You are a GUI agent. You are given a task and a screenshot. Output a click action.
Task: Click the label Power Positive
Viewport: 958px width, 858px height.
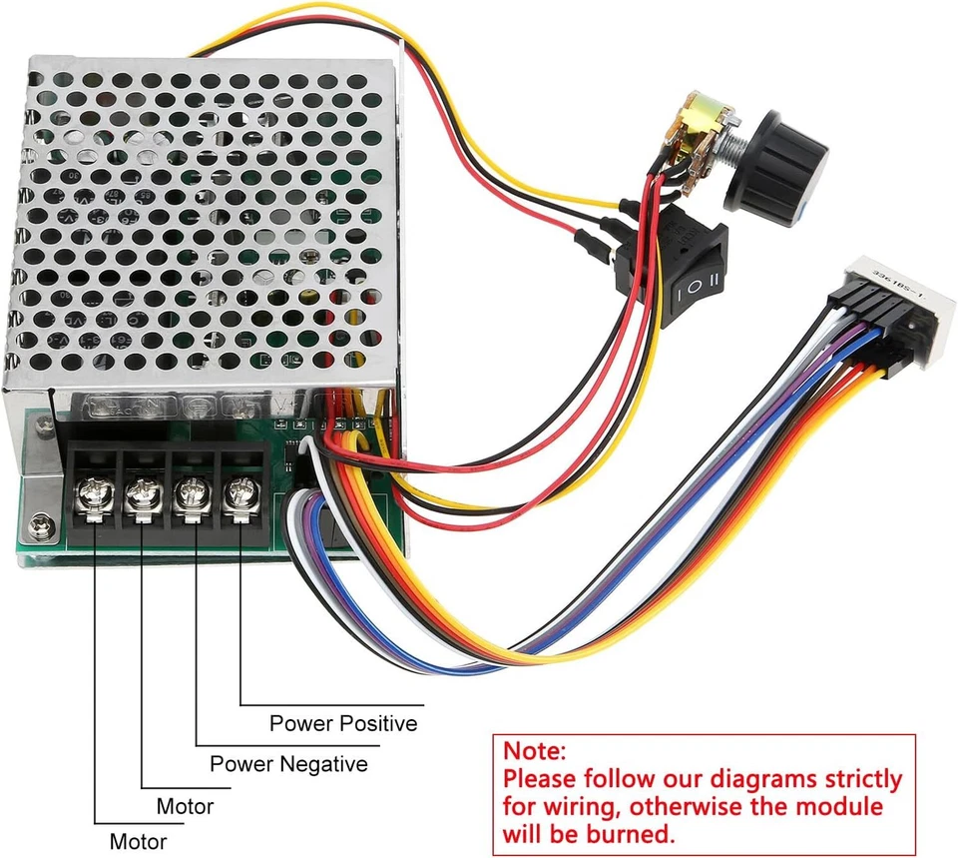pos(343,722)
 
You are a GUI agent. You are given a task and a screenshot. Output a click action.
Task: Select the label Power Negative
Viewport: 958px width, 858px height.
pos(288,764)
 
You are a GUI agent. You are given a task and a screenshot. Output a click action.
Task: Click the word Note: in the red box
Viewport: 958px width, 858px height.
pos(534,750)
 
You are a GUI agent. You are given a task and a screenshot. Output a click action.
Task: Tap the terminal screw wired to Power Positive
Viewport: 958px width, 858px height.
pos(239,492)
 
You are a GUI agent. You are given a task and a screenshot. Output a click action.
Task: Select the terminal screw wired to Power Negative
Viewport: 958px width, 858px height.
pos(191,493)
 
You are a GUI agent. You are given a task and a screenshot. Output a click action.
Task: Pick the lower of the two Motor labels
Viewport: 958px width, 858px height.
pos(138,841)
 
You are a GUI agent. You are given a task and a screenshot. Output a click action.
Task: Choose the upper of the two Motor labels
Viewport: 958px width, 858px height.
pos(185,805)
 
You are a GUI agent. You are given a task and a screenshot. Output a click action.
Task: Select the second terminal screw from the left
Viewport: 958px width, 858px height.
pos(142,493)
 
